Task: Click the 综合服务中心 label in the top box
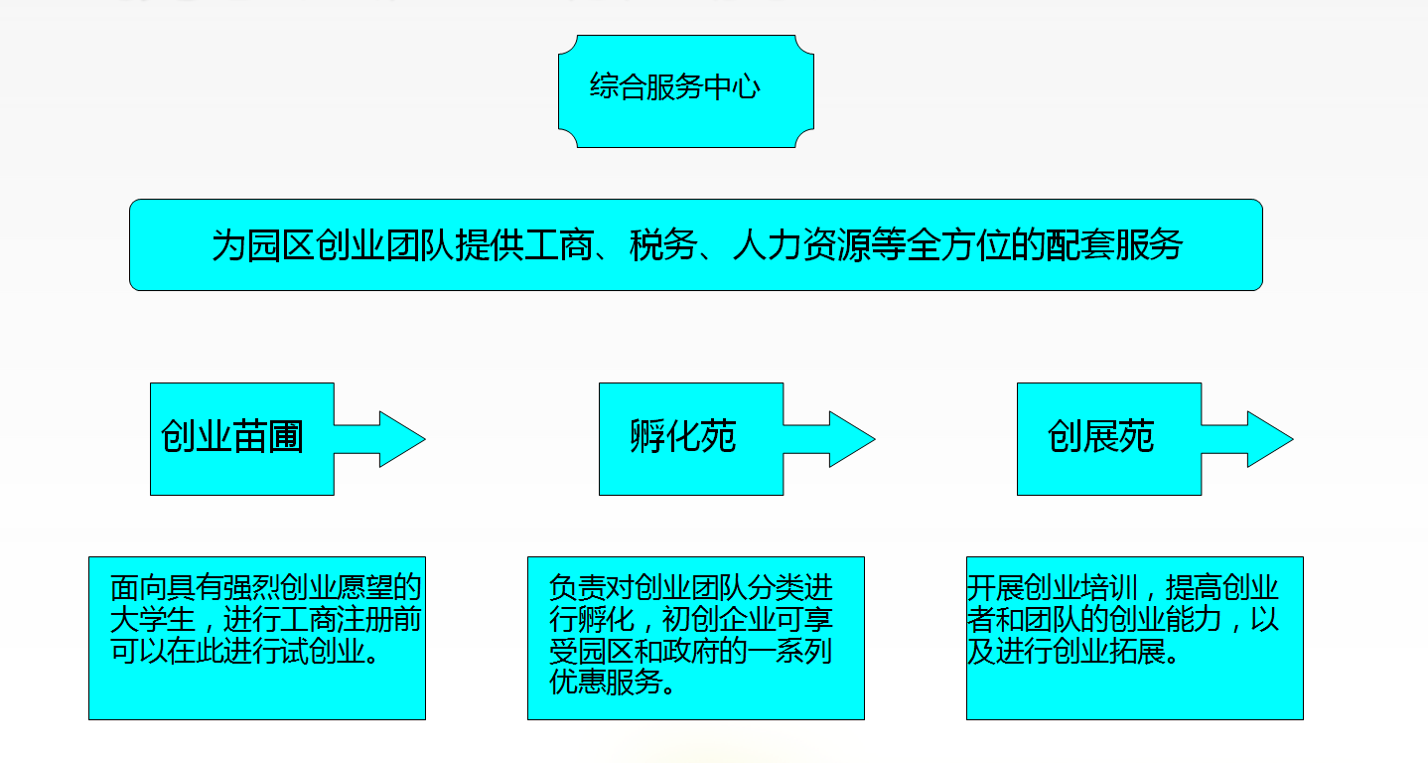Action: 675,87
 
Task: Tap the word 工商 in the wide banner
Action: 562,245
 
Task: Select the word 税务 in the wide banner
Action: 658,245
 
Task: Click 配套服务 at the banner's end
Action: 1113,245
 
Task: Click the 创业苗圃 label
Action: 232,437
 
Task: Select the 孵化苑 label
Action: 683,437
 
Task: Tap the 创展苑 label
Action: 1101,437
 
